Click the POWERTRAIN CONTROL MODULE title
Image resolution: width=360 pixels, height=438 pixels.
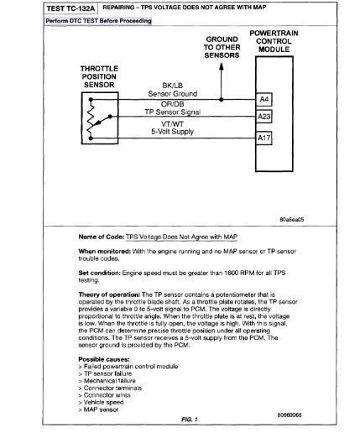click(x=273, y=41)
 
